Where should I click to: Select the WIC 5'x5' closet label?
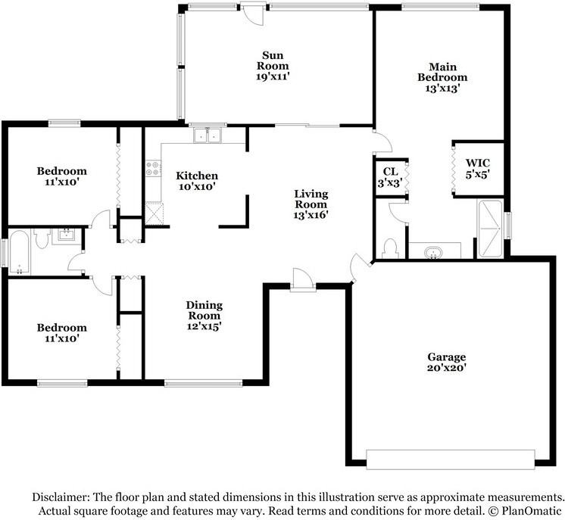pyautogui.click(x=478, y=168)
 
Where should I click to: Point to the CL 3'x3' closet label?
pyautogui.click(x=391, y=177)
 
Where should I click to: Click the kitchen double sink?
pyautogui.click(x=206, y=135)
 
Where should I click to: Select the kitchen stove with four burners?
pyautogui.click(x=153, y=168)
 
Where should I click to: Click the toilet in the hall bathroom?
pyautogui.click(x=42, y=239)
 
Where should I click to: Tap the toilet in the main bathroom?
pyautogui.click(x=391, y=247)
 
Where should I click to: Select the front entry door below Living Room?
pyautogui.click(x=302, y=281)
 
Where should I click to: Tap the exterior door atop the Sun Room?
pyautogui.click(x=253, y=14)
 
